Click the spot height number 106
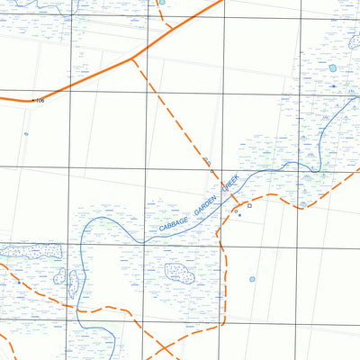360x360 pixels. click(40, 100)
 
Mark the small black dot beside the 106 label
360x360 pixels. click(33, 99)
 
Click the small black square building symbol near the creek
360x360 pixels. click(249, 205)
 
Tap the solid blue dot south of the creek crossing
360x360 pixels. click(239, 215)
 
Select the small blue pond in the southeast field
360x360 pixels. click(252, 279)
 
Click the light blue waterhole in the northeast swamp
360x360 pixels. click(332, 67)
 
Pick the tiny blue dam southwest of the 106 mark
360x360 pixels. click(26, 134)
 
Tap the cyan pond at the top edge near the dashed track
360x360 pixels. click(162, 3)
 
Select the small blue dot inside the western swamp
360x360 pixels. click(18, 282)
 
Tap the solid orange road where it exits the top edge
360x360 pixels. click(219, 2)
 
